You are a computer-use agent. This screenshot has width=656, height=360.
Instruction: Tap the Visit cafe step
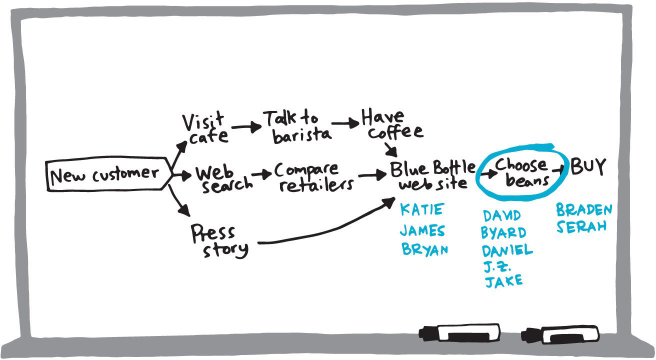[x=205, y=128]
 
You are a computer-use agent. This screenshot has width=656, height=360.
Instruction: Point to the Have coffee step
[x=391, y=124]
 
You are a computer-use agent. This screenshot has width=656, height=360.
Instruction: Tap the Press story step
[x=219, y=241]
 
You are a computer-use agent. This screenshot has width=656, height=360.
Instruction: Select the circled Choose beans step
[x=521, y=172]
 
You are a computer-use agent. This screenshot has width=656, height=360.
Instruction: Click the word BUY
[x=588, y=166]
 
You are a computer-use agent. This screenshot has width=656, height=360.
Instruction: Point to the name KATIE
[x=421, y=210]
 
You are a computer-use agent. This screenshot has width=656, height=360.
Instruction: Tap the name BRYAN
[x=424, y=249]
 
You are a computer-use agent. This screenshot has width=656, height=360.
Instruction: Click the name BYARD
[x=503, y=233]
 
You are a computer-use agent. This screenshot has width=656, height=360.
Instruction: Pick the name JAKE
[x=503, y=280]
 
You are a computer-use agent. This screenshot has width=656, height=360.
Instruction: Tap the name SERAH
[x=581, y=226]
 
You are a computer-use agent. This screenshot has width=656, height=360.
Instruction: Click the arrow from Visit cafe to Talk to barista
[x=246, y=127]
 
